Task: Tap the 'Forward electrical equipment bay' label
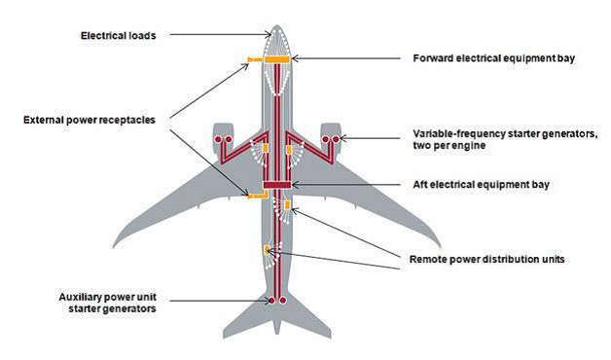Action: click(x=494, y=58)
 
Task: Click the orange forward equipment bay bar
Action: click(x=276, y=59)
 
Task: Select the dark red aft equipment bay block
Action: click(x=277, y=184)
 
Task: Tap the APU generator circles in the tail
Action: click(x=276, y=301)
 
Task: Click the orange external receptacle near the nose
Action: click(x=254, y=60)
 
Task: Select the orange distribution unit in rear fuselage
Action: click(x=266, y=251)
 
